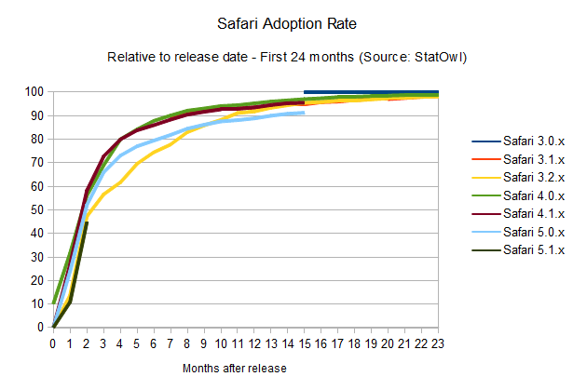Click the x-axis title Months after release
point(235,369)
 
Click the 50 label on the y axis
point(38,209)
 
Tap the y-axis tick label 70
point(38,163)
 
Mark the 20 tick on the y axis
point(38,280)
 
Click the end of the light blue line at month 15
point(305,113)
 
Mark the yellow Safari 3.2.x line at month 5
point(137,164)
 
